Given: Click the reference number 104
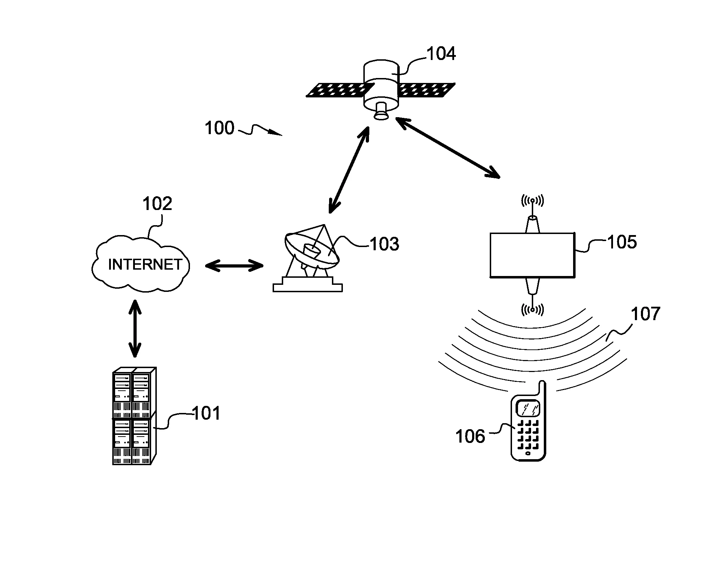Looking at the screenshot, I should click(x=441, y=54).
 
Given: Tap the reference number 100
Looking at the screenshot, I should click(x=219, y=128).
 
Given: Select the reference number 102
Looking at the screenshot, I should click(x=157, y=204).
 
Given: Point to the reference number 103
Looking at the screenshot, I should click(x=384, y=244).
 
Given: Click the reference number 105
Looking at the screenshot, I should click(x=622, y=242).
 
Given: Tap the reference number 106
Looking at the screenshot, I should click(x=470, y=437).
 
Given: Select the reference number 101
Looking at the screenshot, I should click(x=206, y=413).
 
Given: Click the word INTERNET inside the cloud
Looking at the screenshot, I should click(x=145, y=264).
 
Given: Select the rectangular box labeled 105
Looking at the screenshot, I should click(x=532, y=254).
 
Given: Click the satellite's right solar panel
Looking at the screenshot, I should click(x=427, y=90).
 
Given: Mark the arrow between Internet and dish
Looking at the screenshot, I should click(x=234, y=265).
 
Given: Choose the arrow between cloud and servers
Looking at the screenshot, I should click(x=135, y=329).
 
